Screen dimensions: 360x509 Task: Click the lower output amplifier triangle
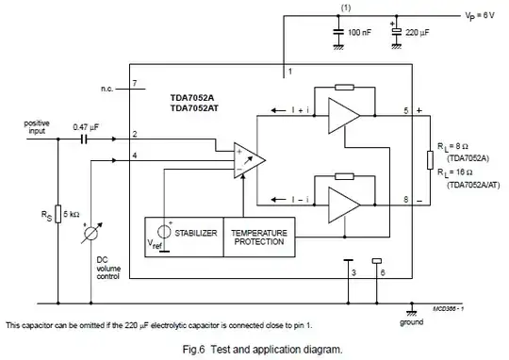[x=345, y=200]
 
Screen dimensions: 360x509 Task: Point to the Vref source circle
[x=165, y=231]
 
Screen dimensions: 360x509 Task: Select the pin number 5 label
[x=406, y=110]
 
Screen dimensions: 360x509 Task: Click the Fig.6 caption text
[x=254, y=349]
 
